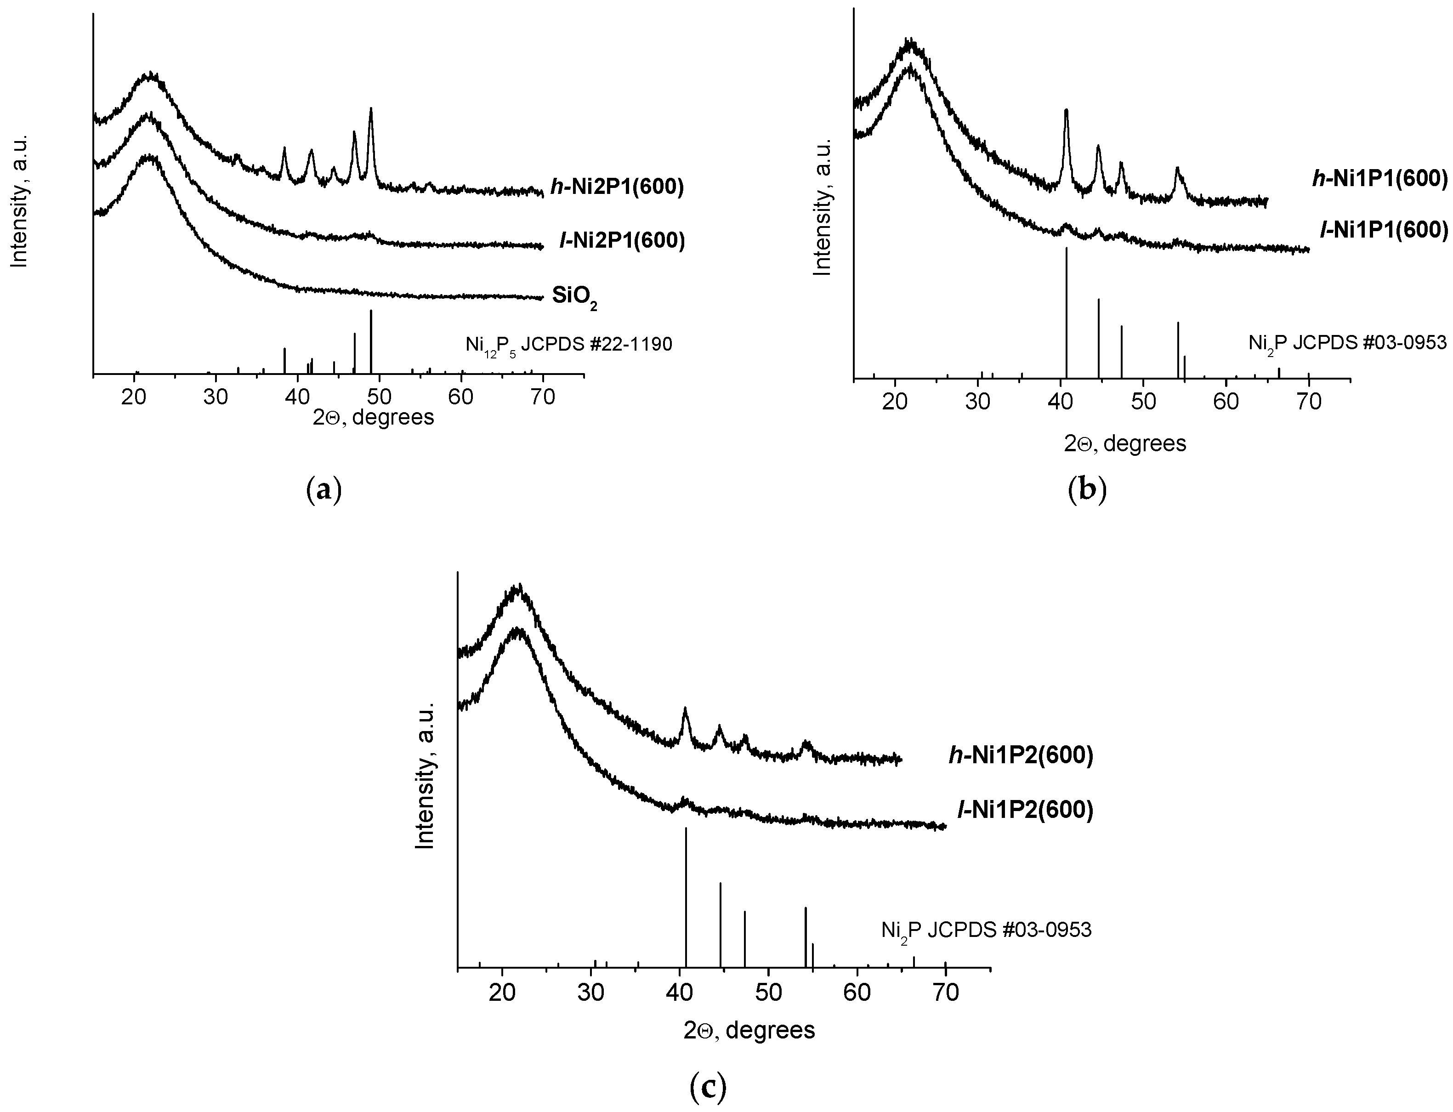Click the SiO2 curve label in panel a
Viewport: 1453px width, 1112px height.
click(x=574, y=298)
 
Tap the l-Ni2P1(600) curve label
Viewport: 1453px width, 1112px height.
click(x=622, y=241)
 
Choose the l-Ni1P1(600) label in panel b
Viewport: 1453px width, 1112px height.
click(x=1384, y=230)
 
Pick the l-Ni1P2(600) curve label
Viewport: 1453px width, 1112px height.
click(x=1025, y=810)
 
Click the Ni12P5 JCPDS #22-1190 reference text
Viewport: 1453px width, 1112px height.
click(x=568, y=345)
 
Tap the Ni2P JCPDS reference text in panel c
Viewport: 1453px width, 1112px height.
click(x=986, y=930)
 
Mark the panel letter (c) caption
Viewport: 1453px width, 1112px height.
click(x=708, y=1087)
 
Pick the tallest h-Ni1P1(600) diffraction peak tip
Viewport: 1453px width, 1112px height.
click(x=1066, y=111)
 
